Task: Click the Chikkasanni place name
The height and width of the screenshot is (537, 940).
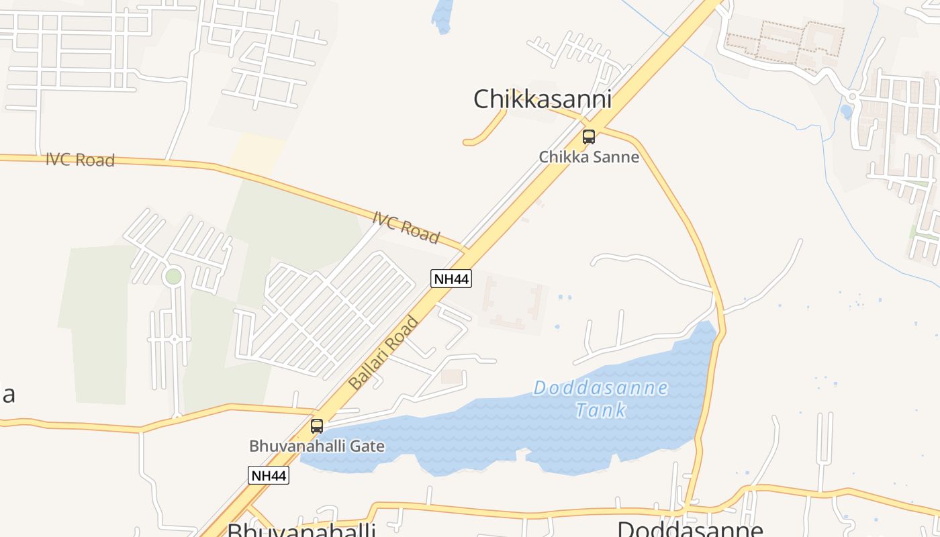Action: (x=542, y=99)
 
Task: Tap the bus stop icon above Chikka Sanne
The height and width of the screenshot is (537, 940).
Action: (x=589, y=137)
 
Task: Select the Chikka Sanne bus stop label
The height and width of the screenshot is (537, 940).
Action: (x=589, y=157)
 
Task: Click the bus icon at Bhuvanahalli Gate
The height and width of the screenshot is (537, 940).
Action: (x=317, y=426)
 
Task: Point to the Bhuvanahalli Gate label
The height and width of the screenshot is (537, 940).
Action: (x=317, y=446)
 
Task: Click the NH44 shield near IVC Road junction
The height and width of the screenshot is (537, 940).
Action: (x=451, y=279)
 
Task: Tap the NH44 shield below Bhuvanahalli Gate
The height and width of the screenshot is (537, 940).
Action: (x=269, y=476)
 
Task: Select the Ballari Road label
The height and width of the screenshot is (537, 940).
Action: (x=384, y=353)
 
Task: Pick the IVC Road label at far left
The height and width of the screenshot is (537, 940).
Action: (x=80, y=160)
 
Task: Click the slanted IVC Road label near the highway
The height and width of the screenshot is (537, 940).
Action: (x=406, y=227)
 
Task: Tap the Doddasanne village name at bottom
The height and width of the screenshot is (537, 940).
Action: (x=690, y=529)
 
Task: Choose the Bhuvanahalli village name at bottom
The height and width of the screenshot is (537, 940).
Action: (x=301, y=530)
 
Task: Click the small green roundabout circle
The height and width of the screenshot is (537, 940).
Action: (x=173, y=276)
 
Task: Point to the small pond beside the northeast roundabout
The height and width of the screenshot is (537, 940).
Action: (x=846, y=111)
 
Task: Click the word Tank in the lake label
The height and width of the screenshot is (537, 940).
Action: (x=601, y=409)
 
